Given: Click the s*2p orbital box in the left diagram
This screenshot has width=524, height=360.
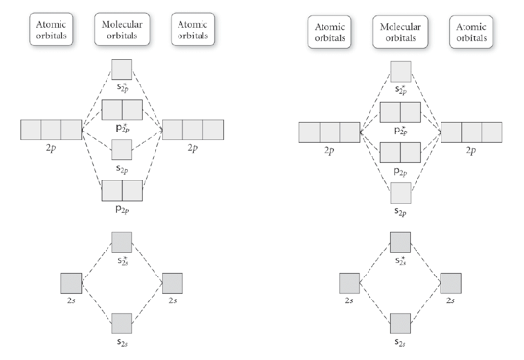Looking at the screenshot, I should click(122, 68).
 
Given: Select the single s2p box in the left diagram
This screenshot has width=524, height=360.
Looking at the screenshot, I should click(122, 149).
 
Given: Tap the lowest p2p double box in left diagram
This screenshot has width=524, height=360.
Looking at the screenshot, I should click(122, 189).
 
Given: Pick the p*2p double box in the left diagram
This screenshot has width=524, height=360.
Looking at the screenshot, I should click(122, 108).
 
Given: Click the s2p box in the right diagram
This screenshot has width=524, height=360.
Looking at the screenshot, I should click(400, 192).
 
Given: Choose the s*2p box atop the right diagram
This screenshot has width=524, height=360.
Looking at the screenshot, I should click(400, 70).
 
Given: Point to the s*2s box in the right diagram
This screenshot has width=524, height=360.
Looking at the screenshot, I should click(400, 241).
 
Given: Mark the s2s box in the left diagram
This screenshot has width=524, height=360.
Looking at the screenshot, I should click(122, 323).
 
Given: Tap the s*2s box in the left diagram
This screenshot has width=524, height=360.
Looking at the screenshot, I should click(122, 241).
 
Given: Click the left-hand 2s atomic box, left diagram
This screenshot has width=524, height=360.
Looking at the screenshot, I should click(71, 283).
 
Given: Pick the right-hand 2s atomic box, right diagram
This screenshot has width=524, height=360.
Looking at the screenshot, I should click(450, 283).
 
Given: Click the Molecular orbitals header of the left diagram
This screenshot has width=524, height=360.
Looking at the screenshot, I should click(122, 30).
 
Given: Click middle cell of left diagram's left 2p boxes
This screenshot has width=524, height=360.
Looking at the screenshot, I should click(51, 130).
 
